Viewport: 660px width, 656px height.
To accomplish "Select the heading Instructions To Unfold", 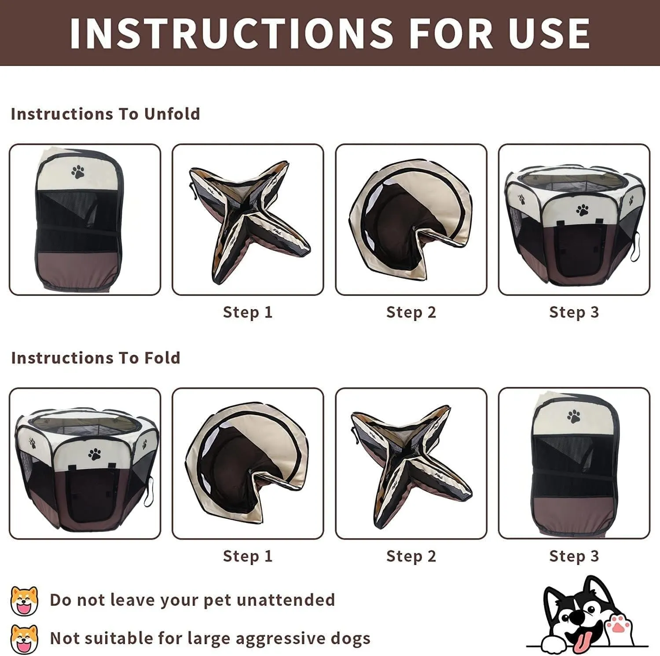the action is pos(105,114).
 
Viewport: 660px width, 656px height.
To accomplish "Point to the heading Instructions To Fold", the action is pos(95,358).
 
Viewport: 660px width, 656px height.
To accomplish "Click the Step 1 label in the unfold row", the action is pos(248,312).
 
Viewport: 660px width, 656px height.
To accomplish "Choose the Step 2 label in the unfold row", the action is pos(411,312).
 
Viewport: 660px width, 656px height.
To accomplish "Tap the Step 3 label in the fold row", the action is pos(574,556).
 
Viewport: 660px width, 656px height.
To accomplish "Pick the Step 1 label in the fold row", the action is pos(248,556).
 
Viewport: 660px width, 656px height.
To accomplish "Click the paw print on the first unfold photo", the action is pos(78,171).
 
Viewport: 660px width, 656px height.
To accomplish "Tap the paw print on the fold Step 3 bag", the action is pos(574,416).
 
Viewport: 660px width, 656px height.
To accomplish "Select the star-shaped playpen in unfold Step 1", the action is pos(249,222).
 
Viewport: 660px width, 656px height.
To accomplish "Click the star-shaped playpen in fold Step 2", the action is pos(411,466).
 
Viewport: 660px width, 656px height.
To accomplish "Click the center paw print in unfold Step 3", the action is pos(583,210).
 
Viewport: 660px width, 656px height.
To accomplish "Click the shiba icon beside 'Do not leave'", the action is pos(24,600).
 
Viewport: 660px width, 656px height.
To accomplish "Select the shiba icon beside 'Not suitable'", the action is pos(24,639).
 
